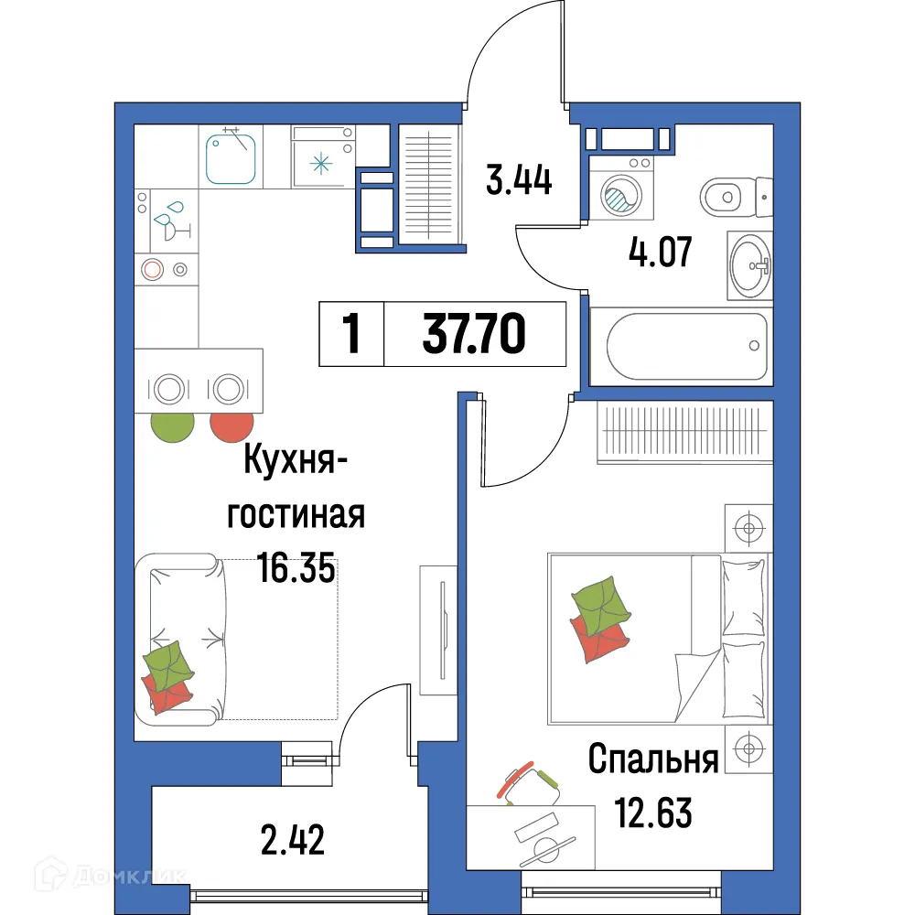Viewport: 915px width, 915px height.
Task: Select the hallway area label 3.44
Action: tap(519, 179)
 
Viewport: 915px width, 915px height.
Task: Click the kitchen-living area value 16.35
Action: tap(296, 569)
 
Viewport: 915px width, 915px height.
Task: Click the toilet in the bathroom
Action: tap(733, 195)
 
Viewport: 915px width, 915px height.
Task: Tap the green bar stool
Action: tap(173, 425)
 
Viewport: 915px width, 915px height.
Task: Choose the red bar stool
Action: tap(231, 425)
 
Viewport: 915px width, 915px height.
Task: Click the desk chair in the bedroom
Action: tap(530, 782)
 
